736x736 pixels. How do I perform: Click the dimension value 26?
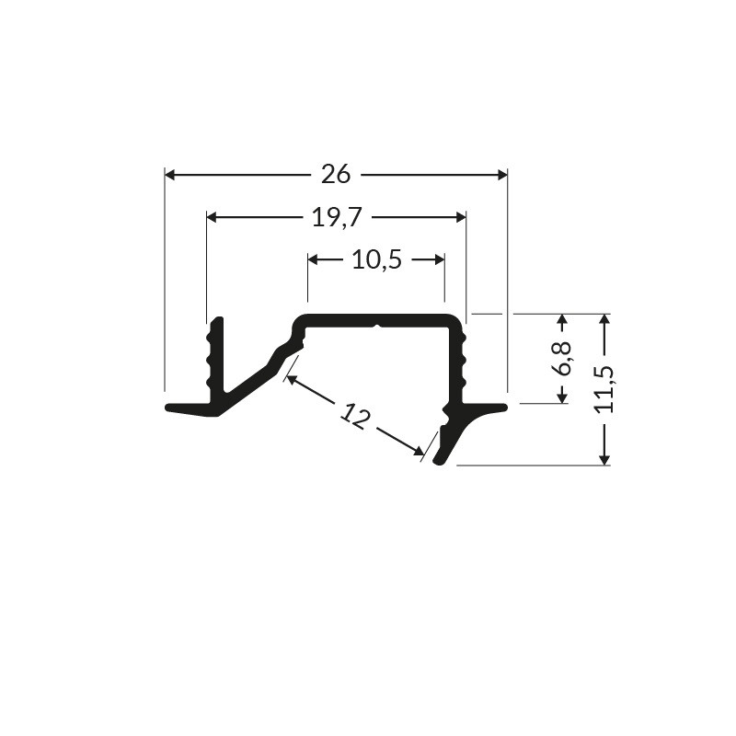click(336, 174)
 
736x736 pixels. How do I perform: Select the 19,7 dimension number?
click(337, 217)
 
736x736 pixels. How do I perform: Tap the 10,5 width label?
click(376, 259)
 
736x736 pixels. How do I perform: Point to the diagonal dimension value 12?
click(355, 417)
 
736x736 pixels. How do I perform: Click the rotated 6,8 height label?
click(561, 358)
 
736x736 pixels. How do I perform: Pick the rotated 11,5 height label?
click(604, 389)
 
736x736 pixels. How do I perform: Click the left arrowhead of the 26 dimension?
click(170, 175)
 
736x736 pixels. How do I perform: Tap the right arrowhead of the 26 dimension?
click(502, 175)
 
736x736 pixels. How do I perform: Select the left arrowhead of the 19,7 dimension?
click(213, 217)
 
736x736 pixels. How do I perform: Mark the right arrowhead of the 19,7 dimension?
click(461, 217)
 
